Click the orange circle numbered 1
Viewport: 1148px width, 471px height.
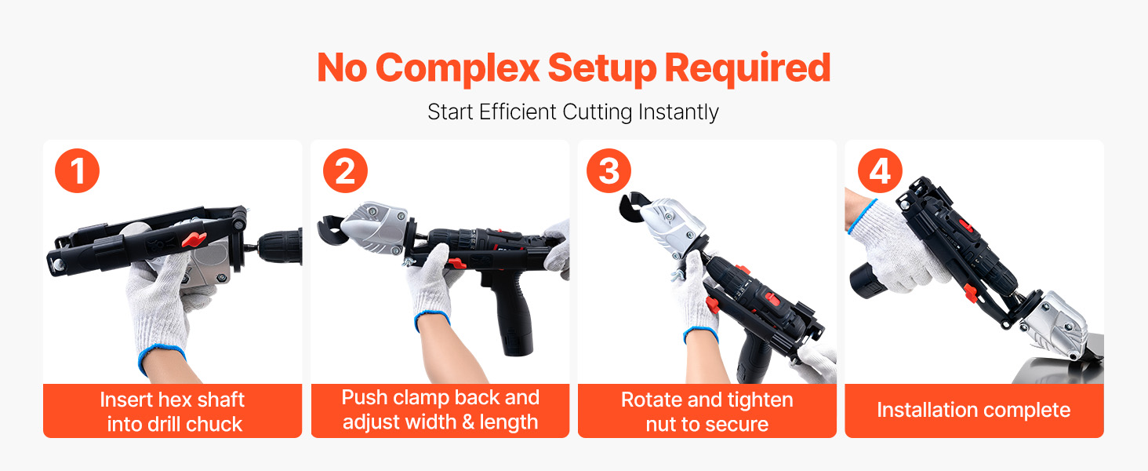(x=78, y=171)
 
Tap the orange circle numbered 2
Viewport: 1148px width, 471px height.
(x=346, y=171)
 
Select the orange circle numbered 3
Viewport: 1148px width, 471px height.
(x=609, y=171)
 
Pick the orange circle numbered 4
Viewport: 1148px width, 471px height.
(x=880, y=171)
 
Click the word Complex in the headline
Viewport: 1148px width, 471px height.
(x=457, y=69)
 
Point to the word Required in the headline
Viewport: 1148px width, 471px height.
(x=748, y=69)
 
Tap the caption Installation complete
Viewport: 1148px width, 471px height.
(x=974, y=410)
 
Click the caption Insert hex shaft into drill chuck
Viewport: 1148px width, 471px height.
(x=173, y=411)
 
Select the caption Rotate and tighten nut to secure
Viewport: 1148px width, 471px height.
(x=707, y=411)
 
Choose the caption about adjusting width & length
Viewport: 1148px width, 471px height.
(x=440, y=410)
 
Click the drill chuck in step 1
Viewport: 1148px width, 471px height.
(x=278, y=248)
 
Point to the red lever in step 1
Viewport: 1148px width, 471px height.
(x=194, y=239)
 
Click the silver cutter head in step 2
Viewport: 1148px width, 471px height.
(x=375, y=228)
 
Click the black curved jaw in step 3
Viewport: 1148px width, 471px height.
(x=631, y=208)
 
